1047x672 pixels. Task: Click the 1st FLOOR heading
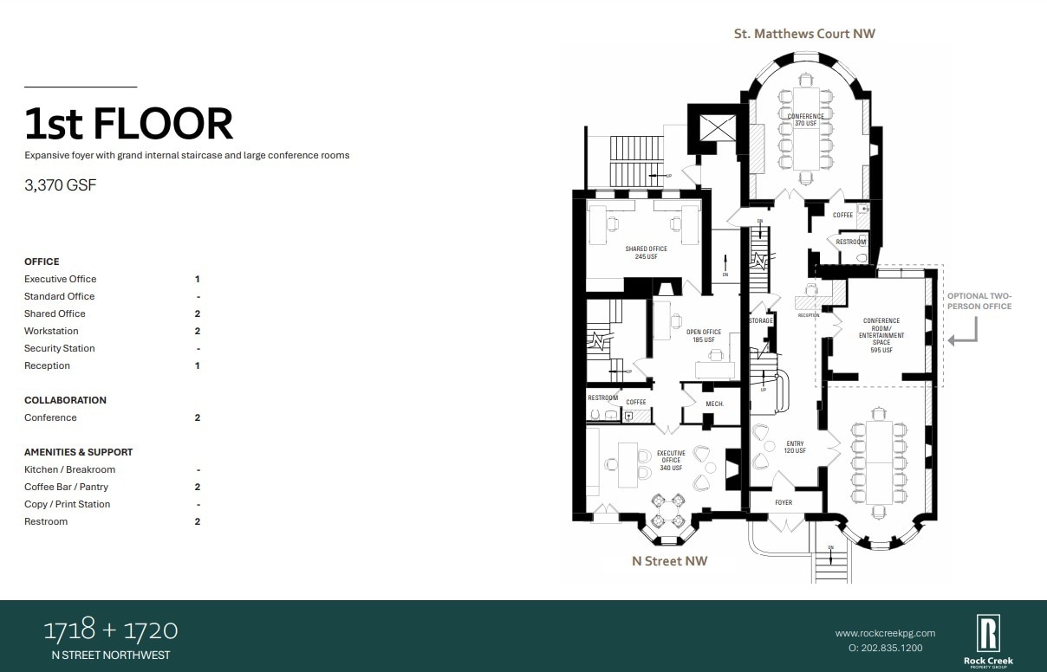pos(128,124)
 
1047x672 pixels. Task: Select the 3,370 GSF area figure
pos(60,184)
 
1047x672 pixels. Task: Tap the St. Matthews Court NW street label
pos(804,34)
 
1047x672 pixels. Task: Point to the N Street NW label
pos(669,561)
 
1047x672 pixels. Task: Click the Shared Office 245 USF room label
pos(646,253)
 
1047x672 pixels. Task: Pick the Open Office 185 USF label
pos(704,336)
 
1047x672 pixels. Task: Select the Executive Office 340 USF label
pos(671,461)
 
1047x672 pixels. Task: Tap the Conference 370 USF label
pos(806,120)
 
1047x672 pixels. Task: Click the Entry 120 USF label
pos(796,448)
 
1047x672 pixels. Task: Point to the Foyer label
pos(784,502)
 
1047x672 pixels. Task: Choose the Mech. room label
pos(714,404)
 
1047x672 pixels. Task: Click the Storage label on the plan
pos(761,321)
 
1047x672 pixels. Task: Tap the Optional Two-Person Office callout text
pos(979,300)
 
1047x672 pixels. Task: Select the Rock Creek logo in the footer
pos(988,639)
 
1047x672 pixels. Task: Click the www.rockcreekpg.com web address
pos(885,633)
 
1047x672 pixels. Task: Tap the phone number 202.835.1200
pos(885,648)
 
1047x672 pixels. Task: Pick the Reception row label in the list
pos(47,365)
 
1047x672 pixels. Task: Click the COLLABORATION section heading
pos(65,400)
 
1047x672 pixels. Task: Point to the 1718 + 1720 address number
pos(111,629)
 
